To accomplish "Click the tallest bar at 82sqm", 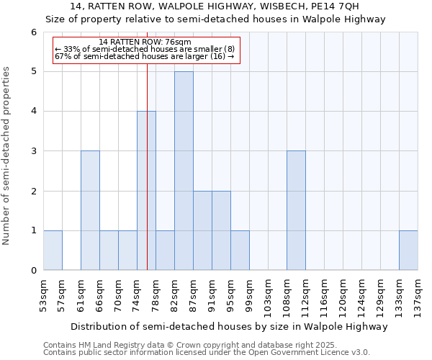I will (x=184, y=171).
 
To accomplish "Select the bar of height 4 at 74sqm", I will (x=146, y=191).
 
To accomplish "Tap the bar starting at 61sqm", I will (x=90, y=210).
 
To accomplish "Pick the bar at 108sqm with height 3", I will (x=296, y=210).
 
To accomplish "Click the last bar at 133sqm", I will (x=408, y=251).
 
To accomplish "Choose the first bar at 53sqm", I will (x=53, y=251).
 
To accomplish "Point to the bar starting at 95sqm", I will (x=240, y=251).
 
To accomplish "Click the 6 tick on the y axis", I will (x=33, y=32).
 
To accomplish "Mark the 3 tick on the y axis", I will (x=33, y=151).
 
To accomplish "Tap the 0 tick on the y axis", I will (x=33, y=271).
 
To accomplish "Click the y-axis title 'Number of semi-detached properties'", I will (x=7, y=156).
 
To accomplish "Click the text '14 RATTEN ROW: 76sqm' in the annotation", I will (x=145, y=42).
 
